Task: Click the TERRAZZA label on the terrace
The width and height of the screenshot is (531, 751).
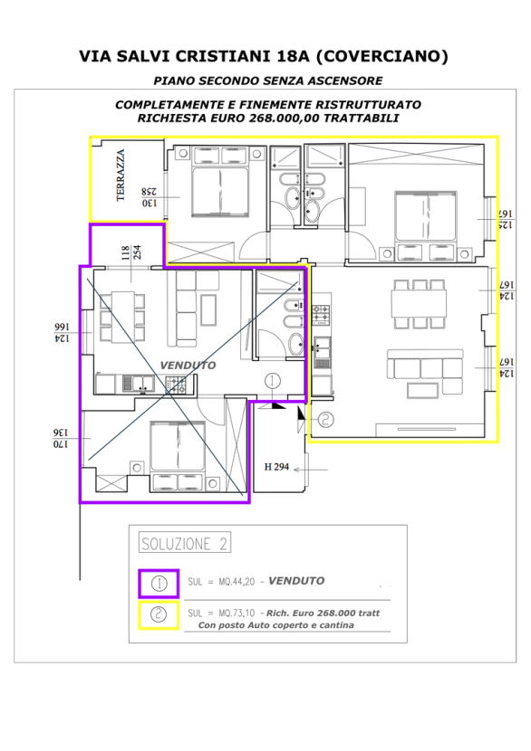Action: click(121, 176)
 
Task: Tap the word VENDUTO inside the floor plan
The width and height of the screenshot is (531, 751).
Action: click(188, 366)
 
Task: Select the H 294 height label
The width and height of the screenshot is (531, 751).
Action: click(276, 467)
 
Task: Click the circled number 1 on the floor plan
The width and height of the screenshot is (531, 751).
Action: click(273, 381)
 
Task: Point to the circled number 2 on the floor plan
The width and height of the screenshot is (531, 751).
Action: click(325, 420)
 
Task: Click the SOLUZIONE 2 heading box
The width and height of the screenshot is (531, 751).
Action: click(184, 543)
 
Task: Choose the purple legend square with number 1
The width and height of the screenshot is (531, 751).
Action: click(159, 584)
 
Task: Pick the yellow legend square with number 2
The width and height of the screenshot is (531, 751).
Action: click(159, 615)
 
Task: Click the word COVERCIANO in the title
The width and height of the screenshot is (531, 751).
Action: click(382, 56)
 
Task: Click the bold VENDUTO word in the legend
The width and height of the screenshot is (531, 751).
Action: click(296, 581)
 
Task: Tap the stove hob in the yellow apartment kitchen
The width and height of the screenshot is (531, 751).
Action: click(322, 315)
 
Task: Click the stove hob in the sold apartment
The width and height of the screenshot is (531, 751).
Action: click(176, 385)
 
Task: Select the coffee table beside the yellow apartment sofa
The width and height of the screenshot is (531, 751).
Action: click(421, 390)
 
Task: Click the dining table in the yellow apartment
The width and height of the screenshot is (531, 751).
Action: click(419, 304)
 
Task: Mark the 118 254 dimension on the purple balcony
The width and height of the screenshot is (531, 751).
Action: click(131, 252)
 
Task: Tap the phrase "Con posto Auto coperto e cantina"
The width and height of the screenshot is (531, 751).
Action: click(275, 625)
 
